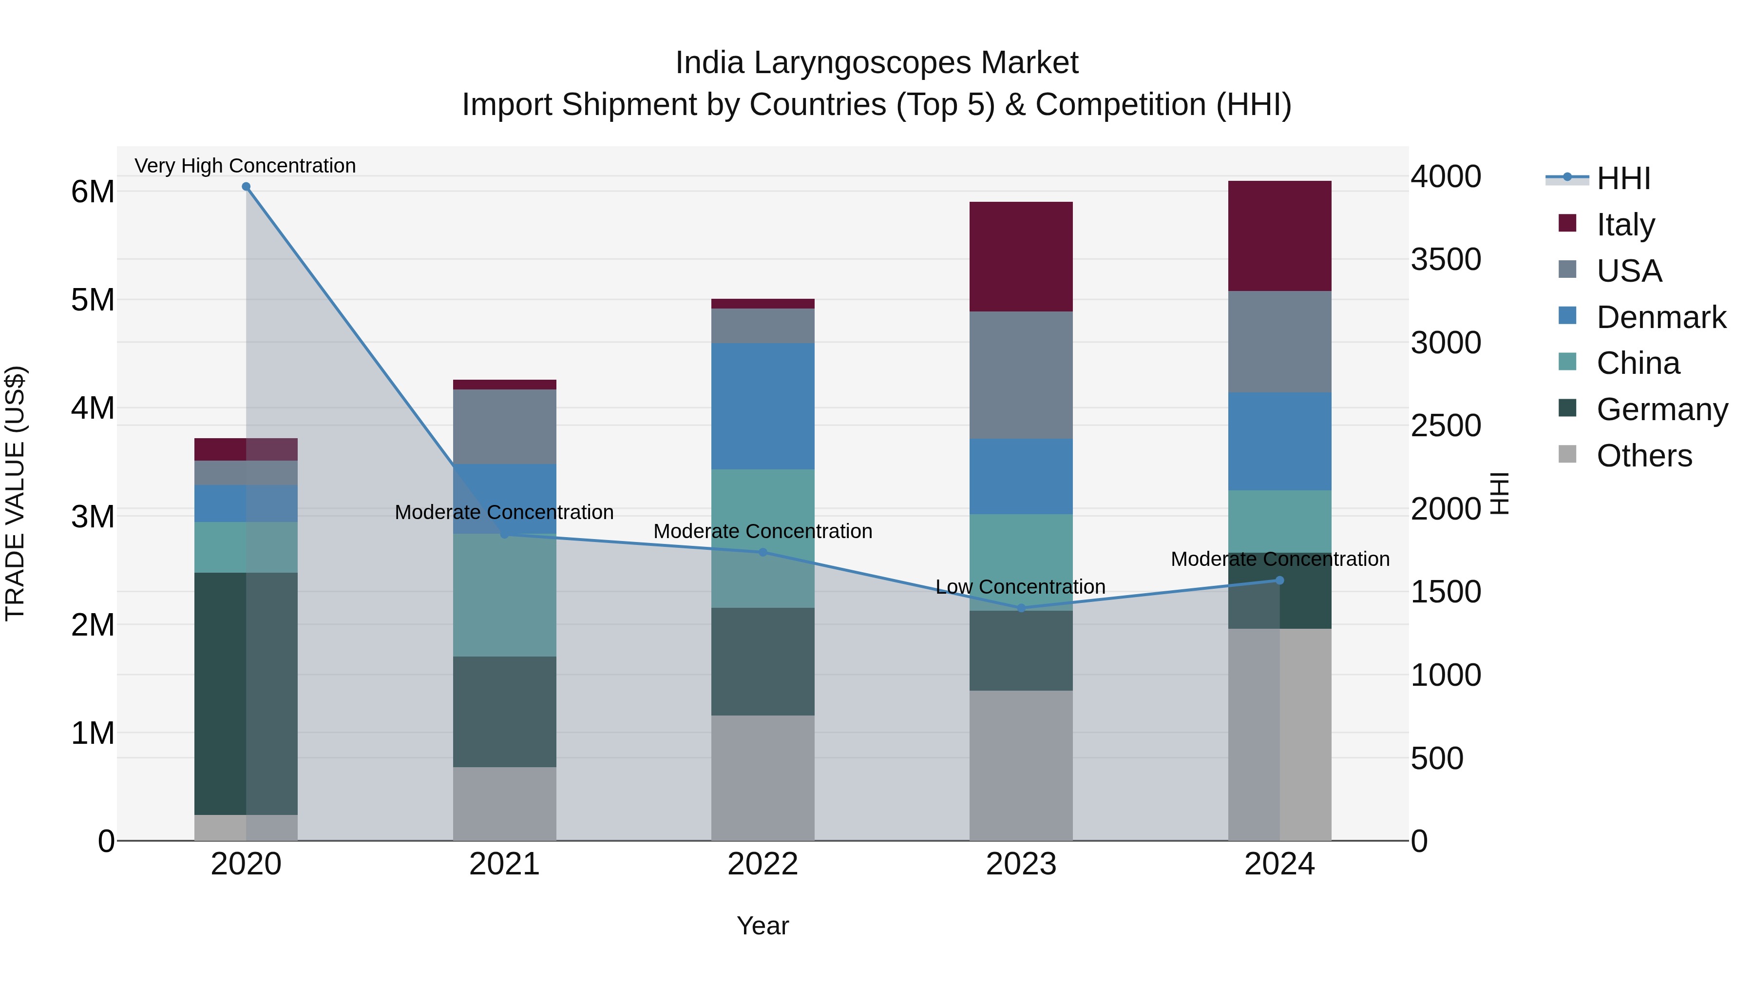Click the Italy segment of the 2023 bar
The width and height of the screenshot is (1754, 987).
(x=1021, y=257)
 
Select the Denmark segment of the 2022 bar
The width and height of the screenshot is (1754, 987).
(x=763, y=406)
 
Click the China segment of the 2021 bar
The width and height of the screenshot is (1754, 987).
(x=505, y=595)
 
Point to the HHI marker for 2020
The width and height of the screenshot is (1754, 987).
(x=246, y=187)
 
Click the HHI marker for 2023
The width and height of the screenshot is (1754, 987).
(x=1021, y=608)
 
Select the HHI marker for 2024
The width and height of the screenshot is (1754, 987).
(x=1279, y=581)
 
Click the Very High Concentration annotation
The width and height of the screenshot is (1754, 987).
(x=245, y=166)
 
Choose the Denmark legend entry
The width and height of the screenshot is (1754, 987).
(x=1661, y=317)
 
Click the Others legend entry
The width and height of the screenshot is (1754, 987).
(x=1644, y=456)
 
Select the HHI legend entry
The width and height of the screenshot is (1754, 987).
(x=1623, y=178)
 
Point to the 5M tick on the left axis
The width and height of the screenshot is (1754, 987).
(x=93, y=300)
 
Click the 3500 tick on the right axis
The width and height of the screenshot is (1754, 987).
(x=1445, y=259)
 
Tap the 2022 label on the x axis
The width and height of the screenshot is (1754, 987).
(x=763, y=864)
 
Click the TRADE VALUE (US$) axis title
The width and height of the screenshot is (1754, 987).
(x=15, y=493)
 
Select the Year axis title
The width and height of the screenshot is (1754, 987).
(x=763, y=926)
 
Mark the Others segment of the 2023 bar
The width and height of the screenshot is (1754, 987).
(x=1021, y=765)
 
